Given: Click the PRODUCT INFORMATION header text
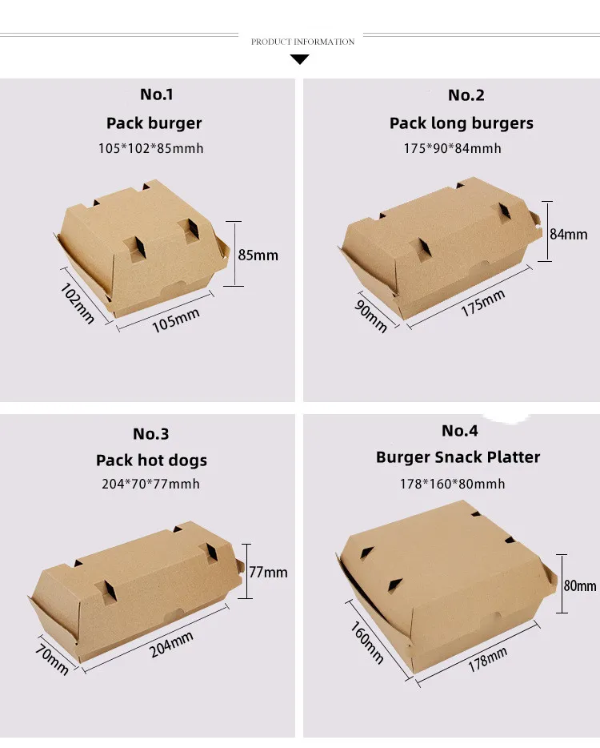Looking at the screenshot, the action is pyautogui.click(x=302, y=42).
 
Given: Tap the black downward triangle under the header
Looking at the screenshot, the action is pyautogui.click(x=300, y=59).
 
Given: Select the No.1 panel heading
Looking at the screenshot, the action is pyautogui.click(x=156, y=95).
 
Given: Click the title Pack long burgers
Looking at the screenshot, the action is pyautogui.click(x=462, y=123).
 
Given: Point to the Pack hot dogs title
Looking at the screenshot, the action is pyautogui.click(x=151, y=460).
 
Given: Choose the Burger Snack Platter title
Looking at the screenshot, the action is pyautogui.click(x=458, y=457).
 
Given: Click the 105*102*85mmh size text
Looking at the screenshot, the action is pyautogui.click(x=151, y=148).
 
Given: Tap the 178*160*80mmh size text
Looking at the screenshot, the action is pyautogui.click(x=452, y=484).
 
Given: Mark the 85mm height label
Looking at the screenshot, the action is pyautogui.click(x=258, y=255).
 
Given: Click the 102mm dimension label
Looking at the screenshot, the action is pyautogui.click(x=77, y=304).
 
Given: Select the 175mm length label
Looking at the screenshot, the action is pyautogui.click(x=482, y=304).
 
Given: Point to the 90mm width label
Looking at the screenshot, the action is pyautogui.click(x=370, y=316).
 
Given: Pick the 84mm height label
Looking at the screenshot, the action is pyautogui.click(x=569, y=234).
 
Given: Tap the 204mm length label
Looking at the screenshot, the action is pyautogui.click(x=171, y=645).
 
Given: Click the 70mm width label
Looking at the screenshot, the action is pyautogui.click(x=51, y=659).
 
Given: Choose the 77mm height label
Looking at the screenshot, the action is pyautogui.click(x=268, y=572).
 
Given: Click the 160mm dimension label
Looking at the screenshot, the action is pyautogui.click(x=367, y=642).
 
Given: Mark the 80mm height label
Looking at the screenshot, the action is pyautogui.click(x=580, y=585).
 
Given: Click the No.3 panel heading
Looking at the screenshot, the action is pyautogui.click(x=150, y=433).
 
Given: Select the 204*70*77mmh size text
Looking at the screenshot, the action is pyautogui.click(x=150, y=484).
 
